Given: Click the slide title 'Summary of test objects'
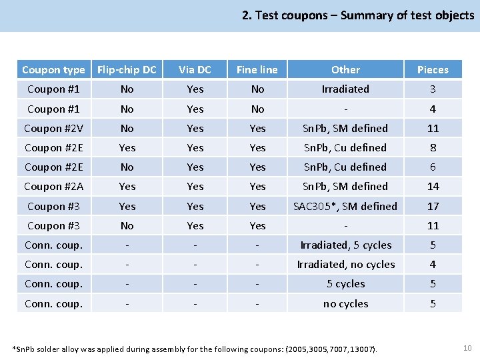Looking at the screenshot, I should (x=358, y=15).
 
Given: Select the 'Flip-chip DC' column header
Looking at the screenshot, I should (x=127, y=69).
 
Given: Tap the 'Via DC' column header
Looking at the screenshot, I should (x=195, y=69).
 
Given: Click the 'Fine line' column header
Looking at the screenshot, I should (x=257, y=69).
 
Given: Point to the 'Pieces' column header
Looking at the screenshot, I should (x=433, y=69).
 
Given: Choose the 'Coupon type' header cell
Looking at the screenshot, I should (x=53, y=69).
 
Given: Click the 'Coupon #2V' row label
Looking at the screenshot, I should (x=53, y=128).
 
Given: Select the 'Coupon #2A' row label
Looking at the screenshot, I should (x=53, y=186).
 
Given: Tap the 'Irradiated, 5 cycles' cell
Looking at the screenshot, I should (x=345, y=245).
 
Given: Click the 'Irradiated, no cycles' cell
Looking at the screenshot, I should (x=345, y=264).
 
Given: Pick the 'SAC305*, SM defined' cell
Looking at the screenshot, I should (x=345, y=206).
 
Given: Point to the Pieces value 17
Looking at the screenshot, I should (x=433, y=206).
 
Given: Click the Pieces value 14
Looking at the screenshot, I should (x=433, y=186).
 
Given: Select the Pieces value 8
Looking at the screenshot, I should (x=433, y=147).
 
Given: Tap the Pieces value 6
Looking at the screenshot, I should (x=433, y=167).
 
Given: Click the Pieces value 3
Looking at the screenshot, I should (x=433, y=89).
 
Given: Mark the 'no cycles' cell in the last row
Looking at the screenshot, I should (x=345, y=303).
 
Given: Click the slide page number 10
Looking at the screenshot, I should (x=467, y=347).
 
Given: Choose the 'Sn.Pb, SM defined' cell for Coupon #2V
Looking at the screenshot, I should (x=345, y=128).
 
